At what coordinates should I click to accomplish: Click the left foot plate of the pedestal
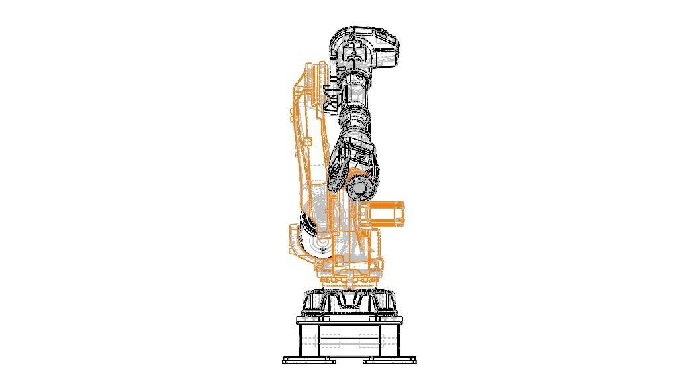308,361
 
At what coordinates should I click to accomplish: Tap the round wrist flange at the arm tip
358,189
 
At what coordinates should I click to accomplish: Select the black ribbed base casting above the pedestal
349,303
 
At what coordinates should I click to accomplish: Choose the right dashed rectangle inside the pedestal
369,341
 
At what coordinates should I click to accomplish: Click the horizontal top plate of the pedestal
349,321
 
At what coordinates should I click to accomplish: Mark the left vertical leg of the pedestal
301,341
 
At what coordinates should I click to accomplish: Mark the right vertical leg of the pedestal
398,341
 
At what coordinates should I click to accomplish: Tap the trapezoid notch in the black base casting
349,302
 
